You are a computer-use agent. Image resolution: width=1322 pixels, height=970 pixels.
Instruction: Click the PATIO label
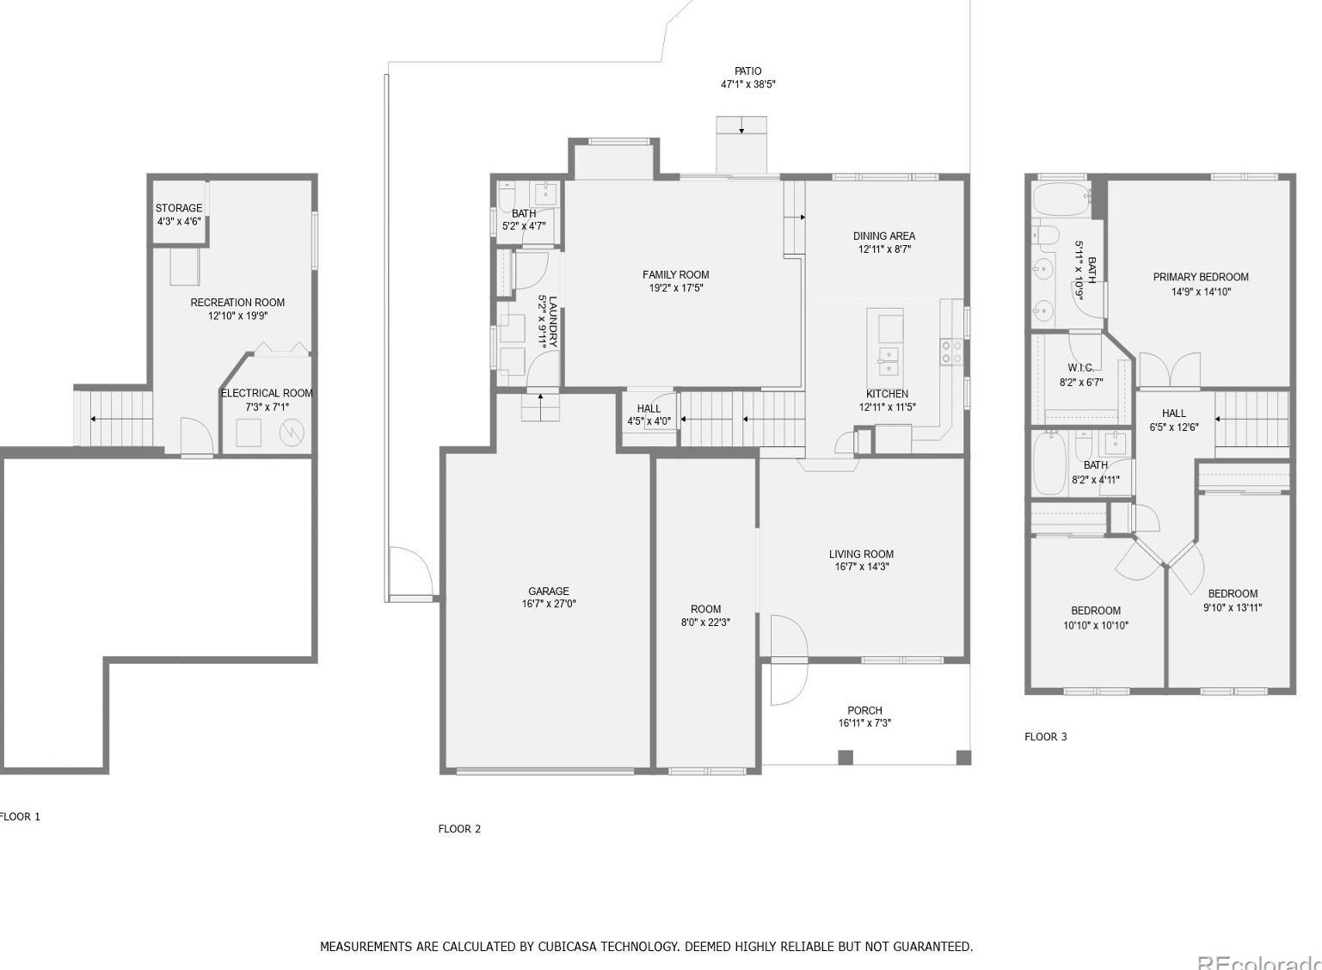point(747,71)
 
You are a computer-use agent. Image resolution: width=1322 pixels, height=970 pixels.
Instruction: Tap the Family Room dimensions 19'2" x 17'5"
point(676,288)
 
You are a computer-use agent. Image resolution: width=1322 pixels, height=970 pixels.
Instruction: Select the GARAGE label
point(548,591)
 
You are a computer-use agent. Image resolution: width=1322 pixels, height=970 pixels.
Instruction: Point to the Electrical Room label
point(267,393)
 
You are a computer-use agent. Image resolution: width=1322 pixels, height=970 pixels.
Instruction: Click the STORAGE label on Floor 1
point(179,208)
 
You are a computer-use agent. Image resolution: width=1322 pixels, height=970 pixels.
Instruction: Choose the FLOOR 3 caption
point(1046,736)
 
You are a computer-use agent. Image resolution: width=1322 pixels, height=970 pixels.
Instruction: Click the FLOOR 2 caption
point(459,828)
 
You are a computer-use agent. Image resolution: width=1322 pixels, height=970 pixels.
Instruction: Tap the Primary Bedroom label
point(1201,277)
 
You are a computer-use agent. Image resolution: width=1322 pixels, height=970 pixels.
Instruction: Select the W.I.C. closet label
point(1080,367)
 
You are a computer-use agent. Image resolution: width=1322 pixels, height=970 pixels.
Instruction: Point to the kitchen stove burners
point(951,352)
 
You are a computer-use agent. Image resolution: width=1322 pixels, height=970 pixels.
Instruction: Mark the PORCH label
point(864,710)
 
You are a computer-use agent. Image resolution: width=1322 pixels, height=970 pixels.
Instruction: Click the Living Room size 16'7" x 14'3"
point(862,567)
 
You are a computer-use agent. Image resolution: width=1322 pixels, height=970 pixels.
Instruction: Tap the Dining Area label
point(884,236)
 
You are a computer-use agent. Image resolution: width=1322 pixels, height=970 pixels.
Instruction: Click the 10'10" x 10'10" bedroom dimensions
point(1096,625)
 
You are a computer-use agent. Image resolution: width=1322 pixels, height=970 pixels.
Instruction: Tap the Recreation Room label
point(237,303)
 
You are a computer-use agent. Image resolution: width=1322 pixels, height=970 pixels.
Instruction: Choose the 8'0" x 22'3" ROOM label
point(706,609)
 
